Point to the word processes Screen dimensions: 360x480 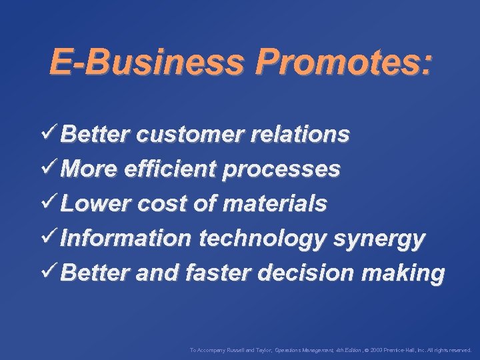point(281,169)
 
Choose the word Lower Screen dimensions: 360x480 point(91,204)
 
